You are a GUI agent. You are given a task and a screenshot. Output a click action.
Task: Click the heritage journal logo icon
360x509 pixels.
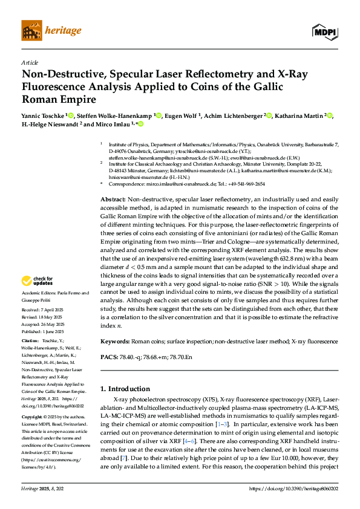[x=30, y=30]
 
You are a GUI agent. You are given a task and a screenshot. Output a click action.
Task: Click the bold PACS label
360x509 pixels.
[x=108, y=358]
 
